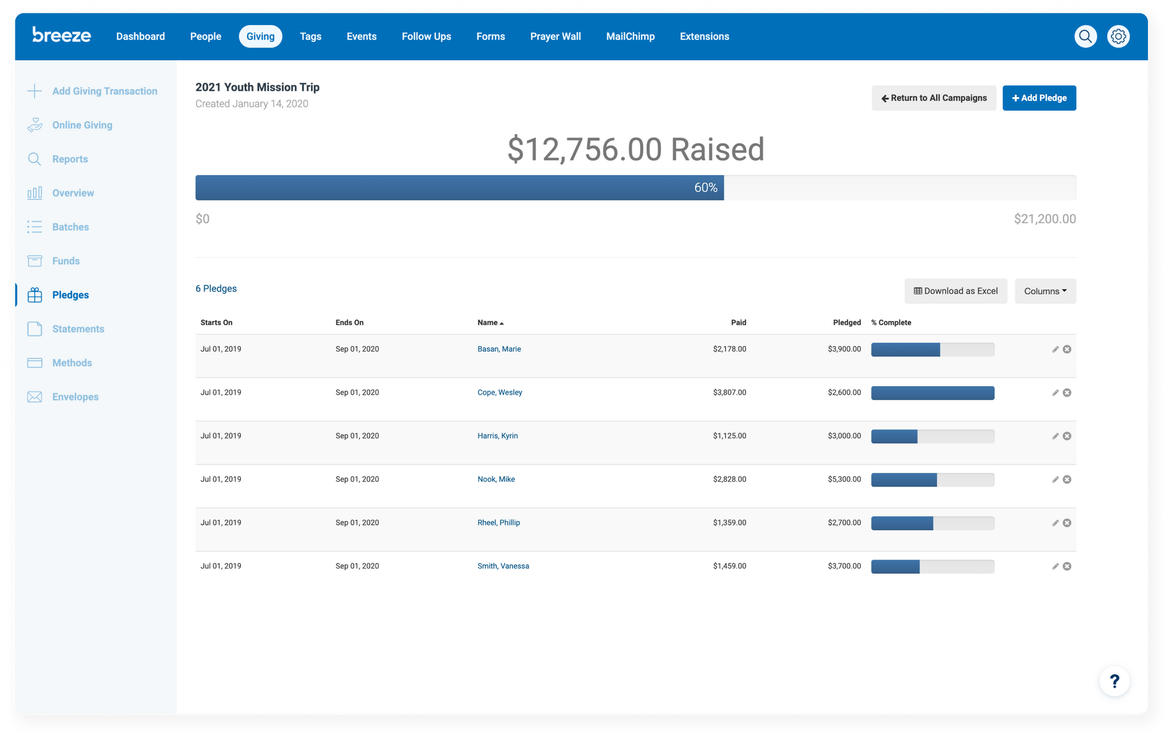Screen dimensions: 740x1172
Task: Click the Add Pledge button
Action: pyautogui.click(x=1038, y=98)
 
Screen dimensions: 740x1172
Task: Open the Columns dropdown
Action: pyautogui.click(x=1045, y=291)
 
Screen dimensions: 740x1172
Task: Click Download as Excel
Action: pyautogui.click(x=955, y=291)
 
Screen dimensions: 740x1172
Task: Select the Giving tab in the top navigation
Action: pyautogui.click(x=260, y=36)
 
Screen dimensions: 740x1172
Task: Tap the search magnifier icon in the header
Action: pyautogui.click(x=1085, y=36)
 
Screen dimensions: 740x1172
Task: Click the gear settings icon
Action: pyautogui.click(x=1118, y=36)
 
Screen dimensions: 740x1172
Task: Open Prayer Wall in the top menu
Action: pyautogui.click(x=555, y=36)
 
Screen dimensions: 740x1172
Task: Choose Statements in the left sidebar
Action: pyautogui.click(x=78, y=329)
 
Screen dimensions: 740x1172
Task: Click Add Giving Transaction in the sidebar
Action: pyautogui.click(x=104, y=91)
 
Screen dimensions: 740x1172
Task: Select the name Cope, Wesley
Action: pyautogui.click(x=499, y=393)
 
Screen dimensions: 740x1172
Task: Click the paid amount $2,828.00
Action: pyautogui.click(x=729, y=479)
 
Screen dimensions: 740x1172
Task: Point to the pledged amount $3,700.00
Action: pyautogui.click(x=844, y=566)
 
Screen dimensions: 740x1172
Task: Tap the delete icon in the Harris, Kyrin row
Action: pyautogui.click(x=1067, y=436)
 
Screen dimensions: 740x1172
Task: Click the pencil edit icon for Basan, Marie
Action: pyautogui.click(x=1055, y=349)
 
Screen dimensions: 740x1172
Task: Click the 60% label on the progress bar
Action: pyautogui.click(x=705, y=187)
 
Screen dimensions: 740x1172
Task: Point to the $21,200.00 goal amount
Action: pyautogui.click(x=1044, y=219)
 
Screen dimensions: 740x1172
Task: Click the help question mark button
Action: pyautogui.click(x=1114, y=681)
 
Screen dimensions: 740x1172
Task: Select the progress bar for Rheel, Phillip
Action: pyautogui.click(x=932, y=523)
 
